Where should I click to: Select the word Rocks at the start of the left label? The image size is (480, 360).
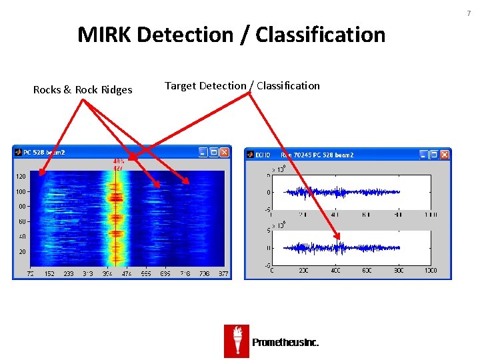coord(47,90)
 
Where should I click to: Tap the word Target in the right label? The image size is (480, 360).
coord(179,86)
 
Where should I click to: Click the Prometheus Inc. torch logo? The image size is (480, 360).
coord(237,341)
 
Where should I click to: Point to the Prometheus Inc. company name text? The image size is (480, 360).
coord(285,343)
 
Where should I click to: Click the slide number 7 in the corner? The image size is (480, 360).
coord(469,13)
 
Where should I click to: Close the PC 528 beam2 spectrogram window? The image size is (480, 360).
coord(225,153)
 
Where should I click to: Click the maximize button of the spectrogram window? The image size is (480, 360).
coord(214,153)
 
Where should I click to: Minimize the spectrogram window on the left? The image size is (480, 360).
coord(203,153)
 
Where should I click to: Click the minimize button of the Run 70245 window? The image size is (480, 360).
coord(423,155)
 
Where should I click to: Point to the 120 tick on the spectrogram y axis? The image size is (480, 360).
coord(21,177)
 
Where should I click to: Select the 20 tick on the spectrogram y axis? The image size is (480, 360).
coord(22,251)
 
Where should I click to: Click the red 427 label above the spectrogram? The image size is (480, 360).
coord(117,169)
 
